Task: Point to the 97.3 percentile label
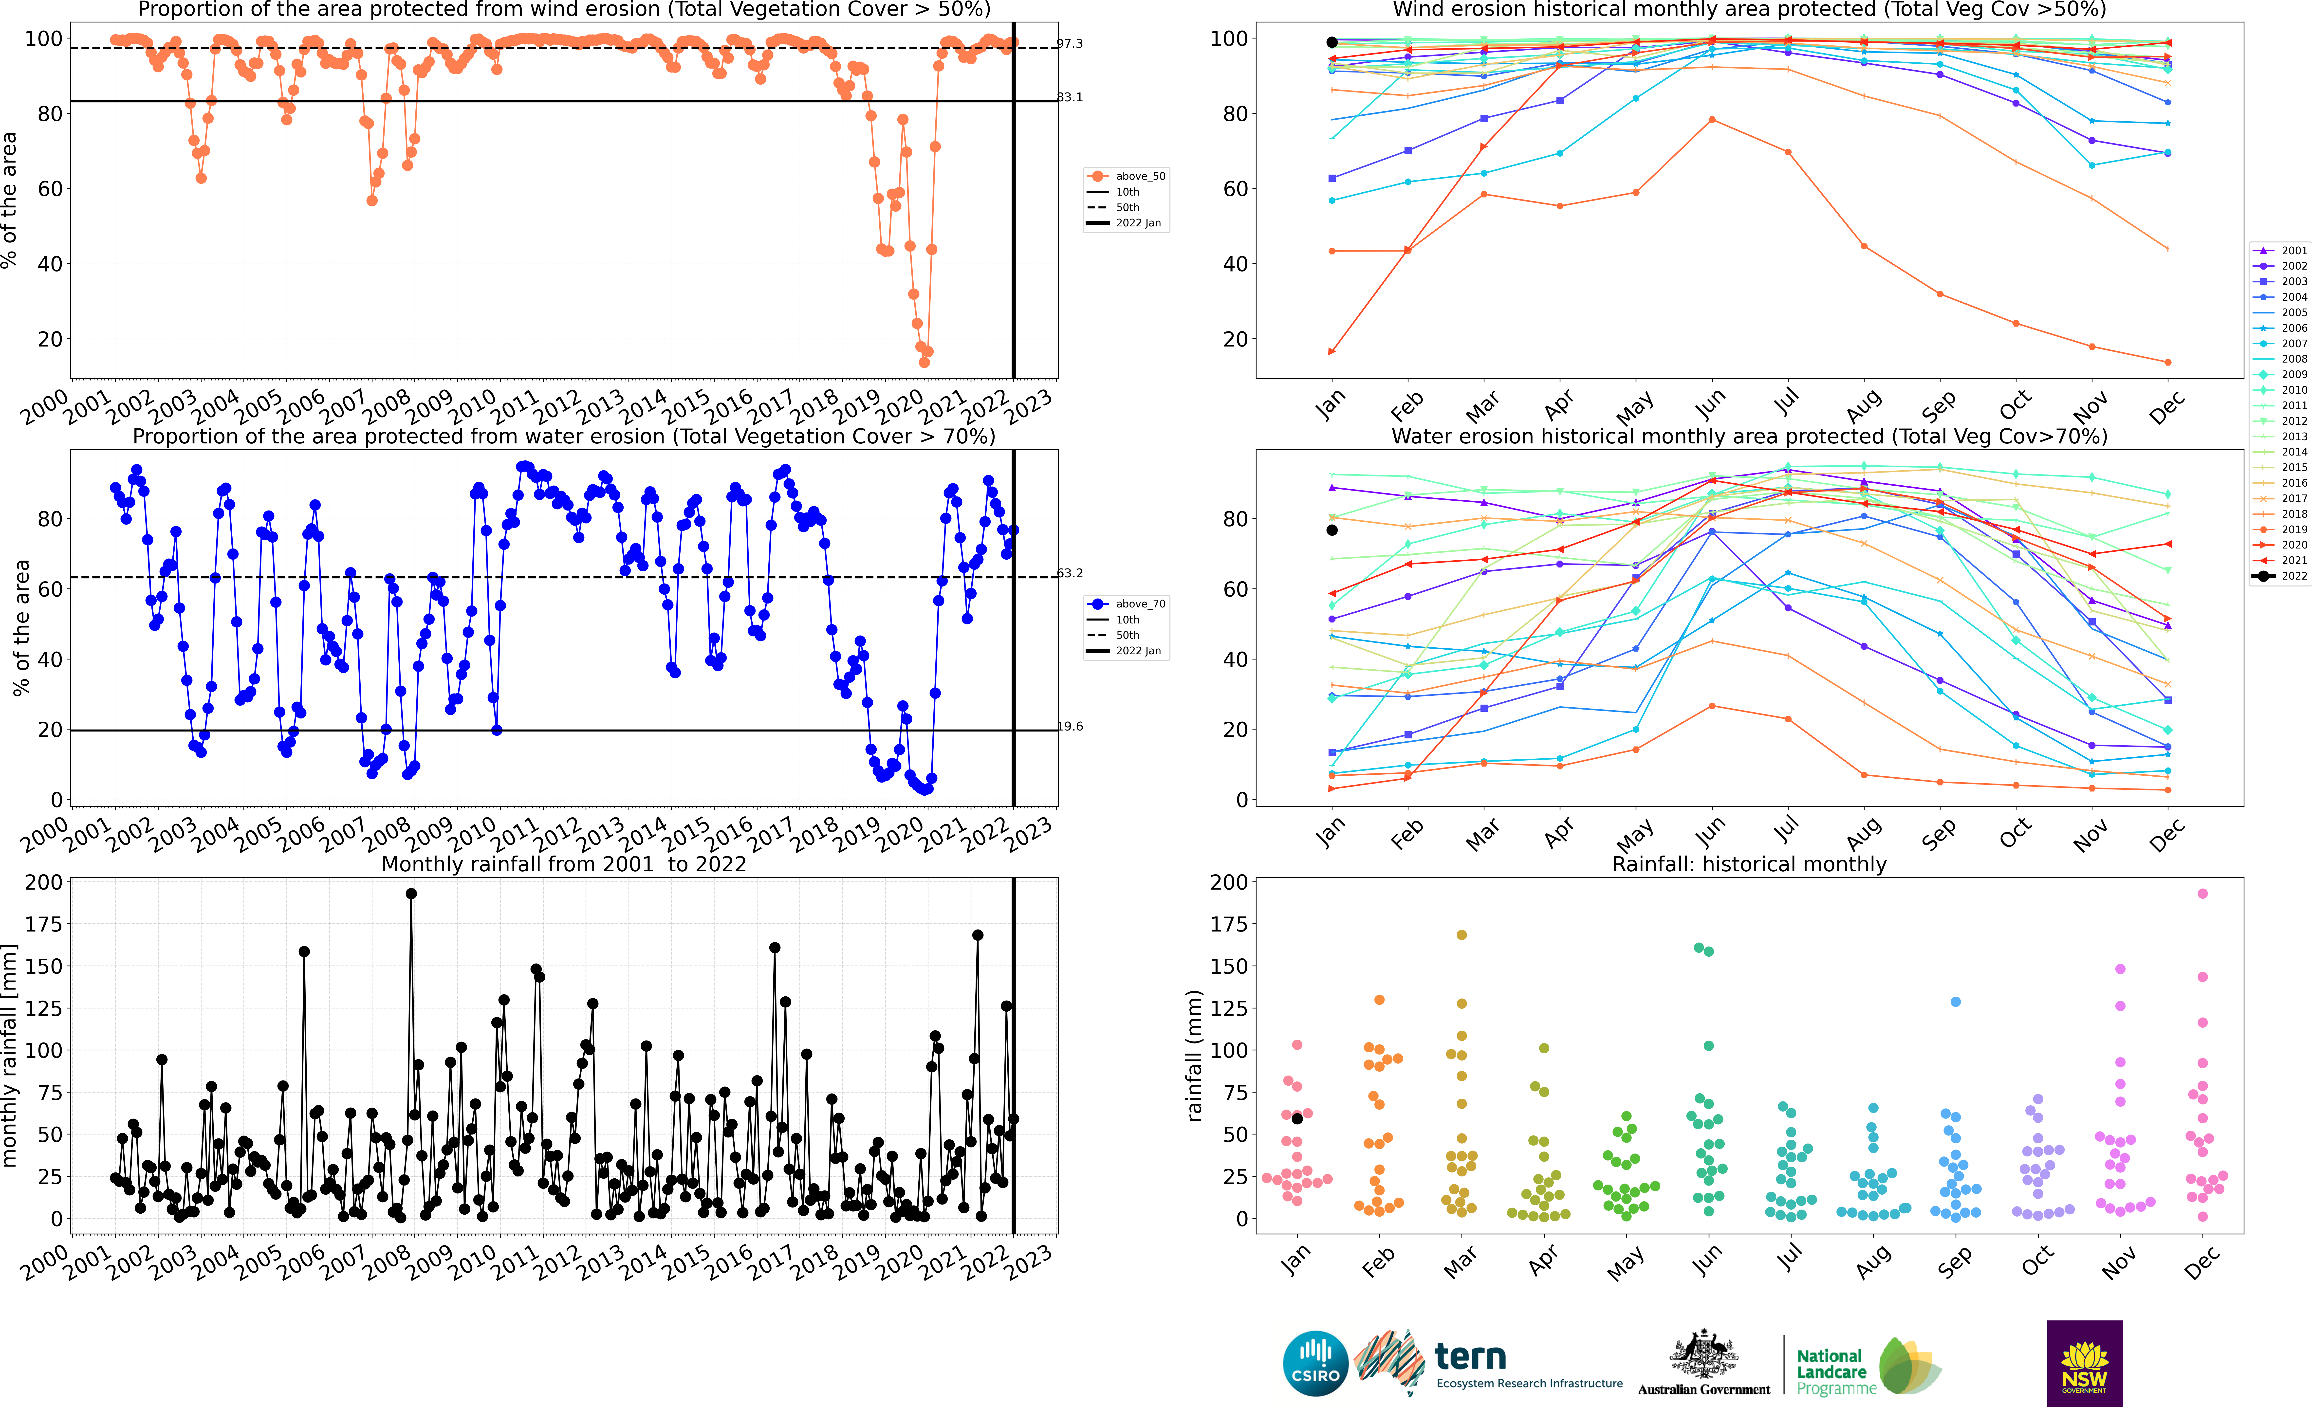[1070, 44]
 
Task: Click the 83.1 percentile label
[1070, 98]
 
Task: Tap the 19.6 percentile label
[1070, 726]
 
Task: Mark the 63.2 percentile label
[1070, 573]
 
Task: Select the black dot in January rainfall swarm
[1297, 1118]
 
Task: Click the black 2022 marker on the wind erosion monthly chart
[1332, 42]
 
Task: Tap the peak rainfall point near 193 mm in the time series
[411, 894]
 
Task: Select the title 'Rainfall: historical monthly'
[1749, 864]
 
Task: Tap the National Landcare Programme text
[1836, 1371]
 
